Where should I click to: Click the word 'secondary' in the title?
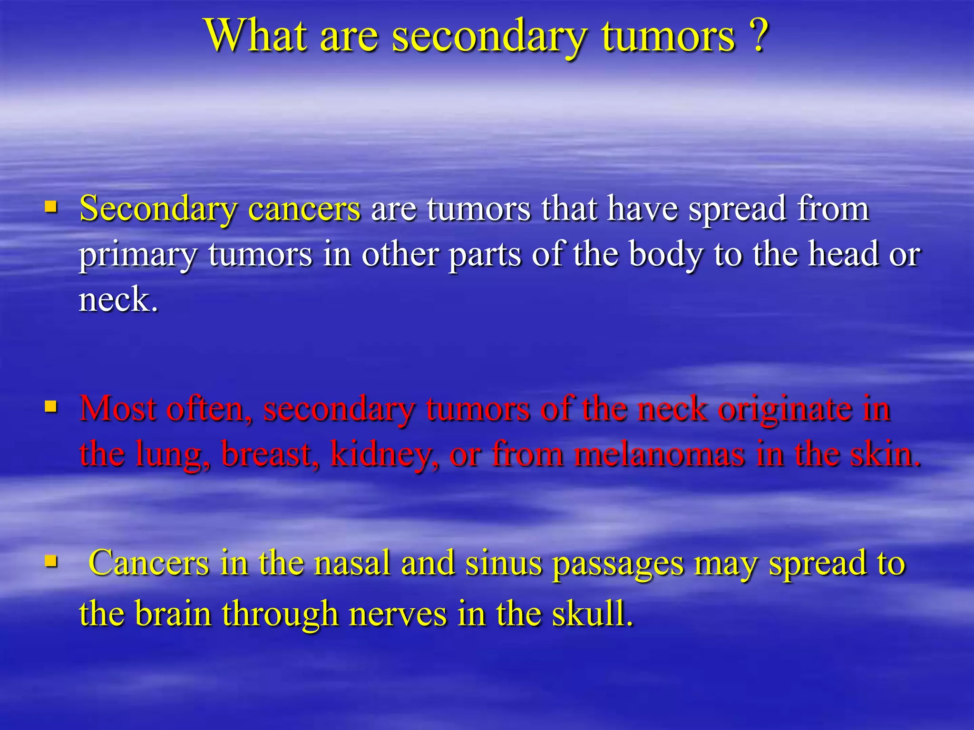[x=489, y=37]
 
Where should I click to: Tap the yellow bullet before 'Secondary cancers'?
[x=51, y=207]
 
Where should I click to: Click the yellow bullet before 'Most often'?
[x=51, y=407]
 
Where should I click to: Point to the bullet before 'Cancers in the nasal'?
[x=51, y=561]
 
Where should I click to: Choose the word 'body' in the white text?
[x=665, y=255]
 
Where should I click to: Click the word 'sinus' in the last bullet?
[x=504, y=563]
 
